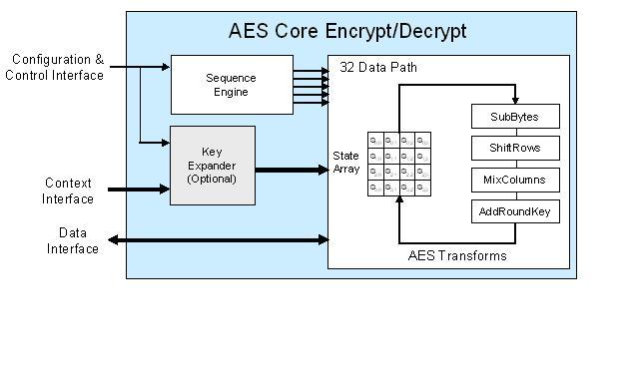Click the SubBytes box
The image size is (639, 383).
514,117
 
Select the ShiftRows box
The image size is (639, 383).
514,149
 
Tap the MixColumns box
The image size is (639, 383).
514,181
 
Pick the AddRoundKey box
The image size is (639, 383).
514,211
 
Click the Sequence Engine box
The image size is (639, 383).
231,85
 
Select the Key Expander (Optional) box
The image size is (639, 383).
212,165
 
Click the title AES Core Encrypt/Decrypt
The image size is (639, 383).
348,31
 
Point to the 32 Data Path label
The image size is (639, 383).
378,68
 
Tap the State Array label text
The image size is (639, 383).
345,163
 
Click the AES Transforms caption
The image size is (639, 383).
457,255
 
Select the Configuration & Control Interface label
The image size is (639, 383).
56,68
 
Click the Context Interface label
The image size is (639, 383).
69,191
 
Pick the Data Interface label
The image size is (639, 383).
73,240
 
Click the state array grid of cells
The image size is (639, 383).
399,164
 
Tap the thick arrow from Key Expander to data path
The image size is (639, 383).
292,170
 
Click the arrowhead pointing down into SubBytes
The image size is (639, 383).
514,100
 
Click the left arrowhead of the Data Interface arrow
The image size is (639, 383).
112,239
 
